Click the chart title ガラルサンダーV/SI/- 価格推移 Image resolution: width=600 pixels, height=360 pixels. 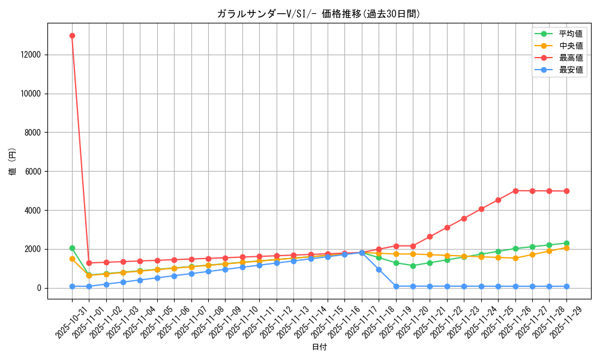(319, 14)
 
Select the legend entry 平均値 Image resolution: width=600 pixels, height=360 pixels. (571, 34)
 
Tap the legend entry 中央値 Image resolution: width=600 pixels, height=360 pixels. (571, 46)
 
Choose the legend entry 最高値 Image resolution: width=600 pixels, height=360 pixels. (571, 58)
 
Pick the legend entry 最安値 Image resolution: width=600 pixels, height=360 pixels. (571, 70)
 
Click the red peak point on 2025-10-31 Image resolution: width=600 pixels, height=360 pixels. (72, 35)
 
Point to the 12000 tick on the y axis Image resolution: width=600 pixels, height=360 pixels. (29, 55)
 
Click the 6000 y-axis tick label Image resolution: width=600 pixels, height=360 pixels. (32, 172)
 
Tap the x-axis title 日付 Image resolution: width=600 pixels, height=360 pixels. (319, 347)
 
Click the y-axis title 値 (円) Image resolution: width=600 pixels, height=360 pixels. (13, 162)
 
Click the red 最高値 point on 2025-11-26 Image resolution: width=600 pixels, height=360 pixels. (515, 191)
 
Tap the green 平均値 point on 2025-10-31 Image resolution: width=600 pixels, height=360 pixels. (72, 248)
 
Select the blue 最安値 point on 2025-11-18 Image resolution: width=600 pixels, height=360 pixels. (379, 269)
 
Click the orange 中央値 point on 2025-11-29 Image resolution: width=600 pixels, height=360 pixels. (566, 248)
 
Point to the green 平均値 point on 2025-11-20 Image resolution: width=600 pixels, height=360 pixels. (413, 266)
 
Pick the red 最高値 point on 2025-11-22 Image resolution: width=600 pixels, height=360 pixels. (447, 227)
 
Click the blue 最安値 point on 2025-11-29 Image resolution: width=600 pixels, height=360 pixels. (566, 286)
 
